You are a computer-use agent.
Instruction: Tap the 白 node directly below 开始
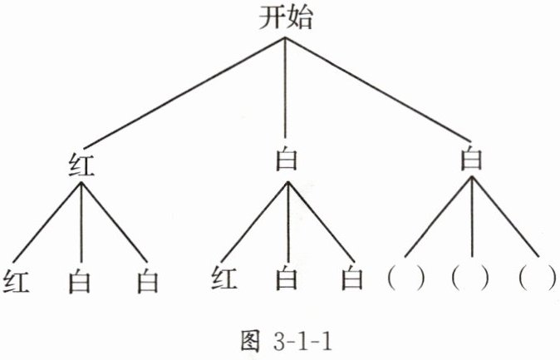(x=285, y=158)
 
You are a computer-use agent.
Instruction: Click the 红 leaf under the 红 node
(x=17, y=281)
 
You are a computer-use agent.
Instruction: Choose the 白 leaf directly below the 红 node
(x=81, y=282)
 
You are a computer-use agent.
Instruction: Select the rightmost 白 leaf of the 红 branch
(x=147, y=282)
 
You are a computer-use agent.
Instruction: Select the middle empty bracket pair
(x=471, y=278)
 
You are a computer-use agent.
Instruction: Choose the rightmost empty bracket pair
(x=536, y=278)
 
